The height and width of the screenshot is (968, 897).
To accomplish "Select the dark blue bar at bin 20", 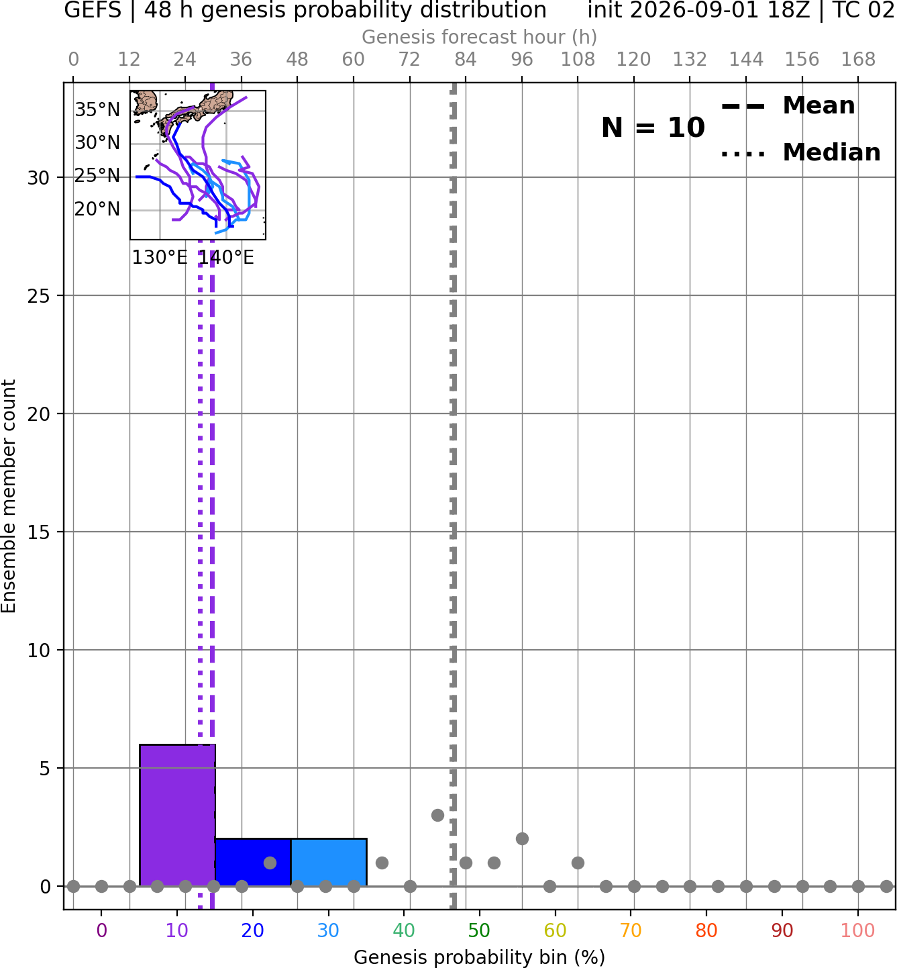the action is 253,862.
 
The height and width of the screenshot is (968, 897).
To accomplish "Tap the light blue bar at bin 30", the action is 329,862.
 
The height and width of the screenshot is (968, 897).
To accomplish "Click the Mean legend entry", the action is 788,106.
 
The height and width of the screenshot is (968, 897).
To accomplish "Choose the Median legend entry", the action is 801,152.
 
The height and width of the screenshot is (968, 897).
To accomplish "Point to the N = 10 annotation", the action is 653,128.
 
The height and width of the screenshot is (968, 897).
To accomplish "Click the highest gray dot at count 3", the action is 437,815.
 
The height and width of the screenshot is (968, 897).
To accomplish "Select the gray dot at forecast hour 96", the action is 522,838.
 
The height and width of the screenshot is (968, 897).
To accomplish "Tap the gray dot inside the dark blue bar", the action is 270,862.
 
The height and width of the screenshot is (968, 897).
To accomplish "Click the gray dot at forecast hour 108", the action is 578,862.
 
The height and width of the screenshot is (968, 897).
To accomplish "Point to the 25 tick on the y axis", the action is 38,296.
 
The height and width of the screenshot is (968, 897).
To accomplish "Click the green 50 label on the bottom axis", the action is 479,930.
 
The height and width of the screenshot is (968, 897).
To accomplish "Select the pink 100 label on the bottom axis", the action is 858,930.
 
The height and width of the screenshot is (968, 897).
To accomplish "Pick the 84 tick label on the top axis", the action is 466,60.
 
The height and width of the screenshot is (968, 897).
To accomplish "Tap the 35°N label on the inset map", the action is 97,110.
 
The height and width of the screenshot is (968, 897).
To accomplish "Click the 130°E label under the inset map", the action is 160,257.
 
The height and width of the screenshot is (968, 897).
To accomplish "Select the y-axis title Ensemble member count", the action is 9,497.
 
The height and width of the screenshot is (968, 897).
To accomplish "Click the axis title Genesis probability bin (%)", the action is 480,957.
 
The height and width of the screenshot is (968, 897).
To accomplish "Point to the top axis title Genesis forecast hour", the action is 480,37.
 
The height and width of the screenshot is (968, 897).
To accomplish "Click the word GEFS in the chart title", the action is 93,10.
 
